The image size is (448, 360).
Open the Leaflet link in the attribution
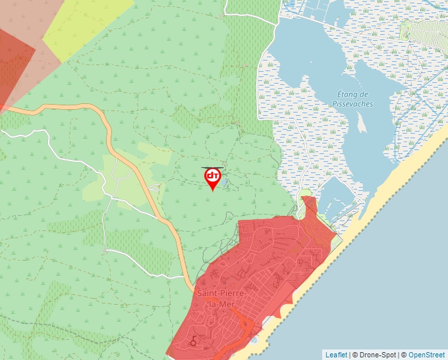point(336,355)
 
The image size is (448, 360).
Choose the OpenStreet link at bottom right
point(426,355)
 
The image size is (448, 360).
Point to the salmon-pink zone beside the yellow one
point(26,20)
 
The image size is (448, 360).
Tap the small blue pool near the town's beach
point(254,341)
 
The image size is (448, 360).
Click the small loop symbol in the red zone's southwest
point(192,342)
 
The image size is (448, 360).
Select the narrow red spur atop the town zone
point(308,204)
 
